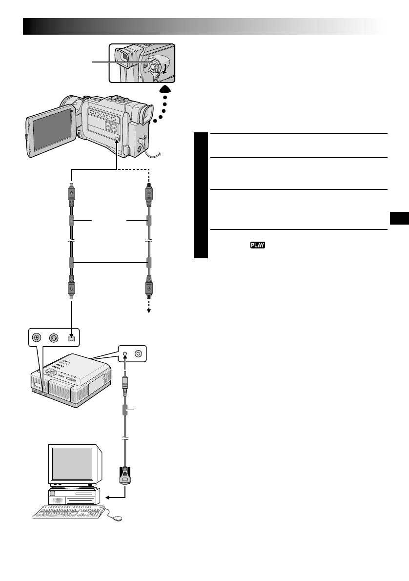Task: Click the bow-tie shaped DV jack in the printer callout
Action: (x=72, y=338)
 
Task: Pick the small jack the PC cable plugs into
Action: (x=125, y=354)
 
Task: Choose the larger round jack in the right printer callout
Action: (x=139, y=354)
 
